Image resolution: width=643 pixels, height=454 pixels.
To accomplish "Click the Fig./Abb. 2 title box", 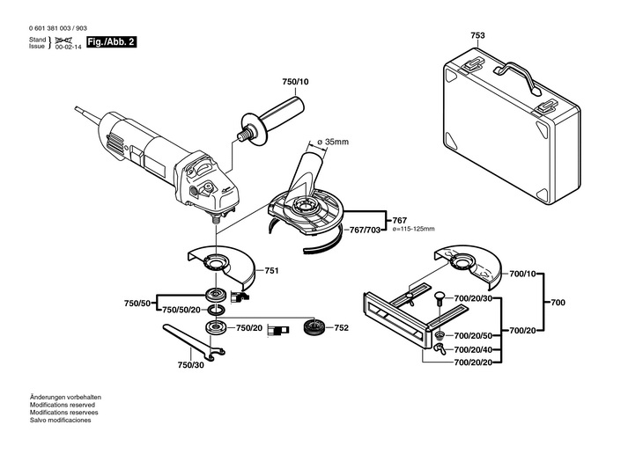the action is coord(111,42).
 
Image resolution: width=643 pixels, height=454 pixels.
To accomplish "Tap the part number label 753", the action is coord(477,36).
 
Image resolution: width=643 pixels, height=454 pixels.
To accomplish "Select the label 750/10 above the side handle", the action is coord(295,82).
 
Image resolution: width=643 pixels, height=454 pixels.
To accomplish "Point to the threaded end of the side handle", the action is coord(243,134).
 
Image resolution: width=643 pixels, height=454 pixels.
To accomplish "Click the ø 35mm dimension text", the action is coord(334,142).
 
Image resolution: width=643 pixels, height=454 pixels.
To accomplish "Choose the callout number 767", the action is coord(399,221).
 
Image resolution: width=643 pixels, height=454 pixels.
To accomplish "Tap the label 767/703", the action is coord(365,230).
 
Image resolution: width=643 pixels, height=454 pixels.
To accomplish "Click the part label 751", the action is coord(271,270).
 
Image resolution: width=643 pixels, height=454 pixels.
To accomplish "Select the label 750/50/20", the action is coord(181,310).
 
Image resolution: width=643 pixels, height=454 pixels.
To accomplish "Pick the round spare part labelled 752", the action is coord(314,327).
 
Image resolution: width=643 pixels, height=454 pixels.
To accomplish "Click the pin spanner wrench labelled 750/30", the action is coord(193,342).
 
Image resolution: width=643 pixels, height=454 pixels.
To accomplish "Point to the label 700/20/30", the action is coord(473,298).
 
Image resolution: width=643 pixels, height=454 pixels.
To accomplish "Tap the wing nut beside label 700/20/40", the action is coord(439,349).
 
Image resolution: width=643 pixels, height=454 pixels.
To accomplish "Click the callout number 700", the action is coord(558,303).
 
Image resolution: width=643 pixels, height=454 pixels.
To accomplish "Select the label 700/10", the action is coord(522,274).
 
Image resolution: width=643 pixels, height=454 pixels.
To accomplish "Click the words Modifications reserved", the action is coord(63,405).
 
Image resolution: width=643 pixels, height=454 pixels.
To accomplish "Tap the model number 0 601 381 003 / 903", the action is coord(58,28).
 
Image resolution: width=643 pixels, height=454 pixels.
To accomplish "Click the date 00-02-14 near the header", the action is coord(69,48).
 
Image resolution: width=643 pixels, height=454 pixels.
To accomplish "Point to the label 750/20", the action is coord(249,328).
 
